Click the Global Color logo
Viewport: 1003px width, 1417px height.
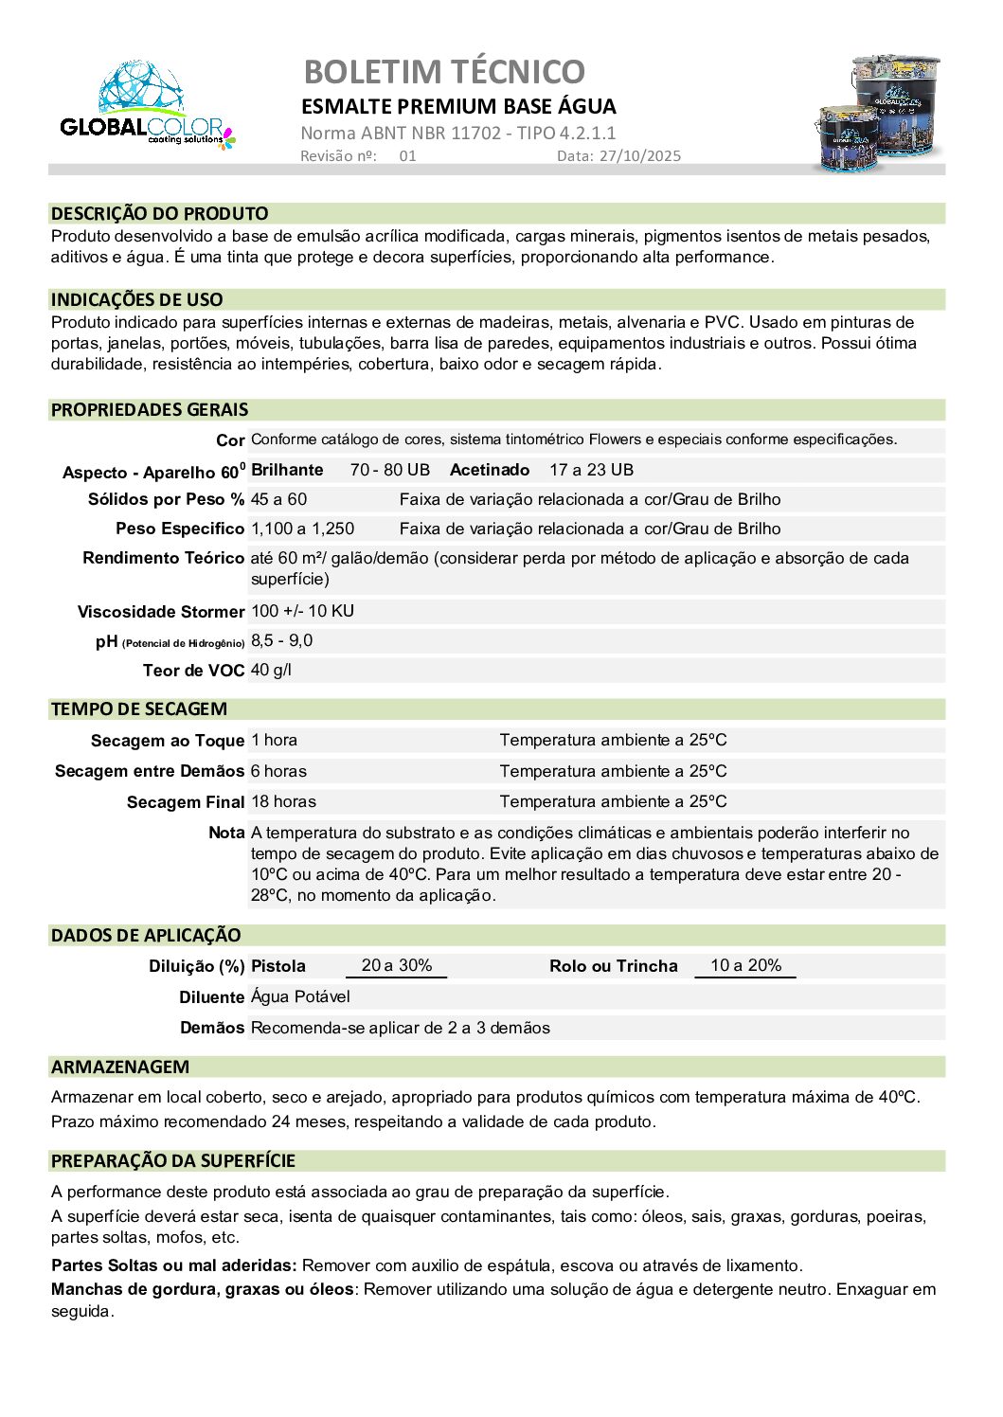[148, 106]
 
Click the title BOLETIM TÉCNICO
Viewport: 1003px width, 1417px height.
[444, 71]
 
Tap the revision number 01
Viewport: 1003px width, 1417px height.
[407, 156]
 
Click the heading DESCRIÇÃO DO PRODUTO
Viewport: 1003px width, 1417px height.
[160, 213]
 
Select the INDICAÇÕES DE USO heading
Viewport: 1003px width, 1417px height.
[137, 299]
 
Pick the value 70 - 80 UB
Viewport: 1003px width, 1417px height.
[389, 470]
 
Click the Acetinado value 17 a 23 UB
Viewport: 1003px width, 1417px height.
[591, 470]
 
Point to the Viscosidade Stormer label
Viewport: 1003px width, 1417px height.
[161, 612]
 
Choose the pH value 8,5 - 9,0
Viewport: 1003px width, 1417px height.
[281, 641]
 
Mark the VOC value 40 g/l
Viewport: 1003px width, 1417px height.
[271, 671]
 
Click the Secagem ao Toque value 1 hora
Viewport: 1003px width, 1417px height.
[274, 740]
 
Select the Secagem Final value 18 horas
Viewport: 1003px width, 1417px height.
[283, 801]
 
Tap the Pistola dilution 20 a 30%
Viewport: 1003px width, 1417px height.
[396, 965]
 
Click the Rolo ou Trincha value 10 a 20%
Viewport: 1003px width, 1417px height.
[745, 965]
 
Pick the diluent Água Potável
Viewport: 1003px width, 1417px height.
[300, 996]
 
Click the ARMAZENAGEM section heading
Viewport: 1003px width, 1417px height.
[120, 1067]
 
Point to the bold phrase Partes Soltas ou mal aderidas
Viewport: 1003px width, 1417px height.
[174, 1265]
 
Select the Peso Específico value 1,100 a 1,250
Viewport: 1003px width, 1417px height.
[302, 529]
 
